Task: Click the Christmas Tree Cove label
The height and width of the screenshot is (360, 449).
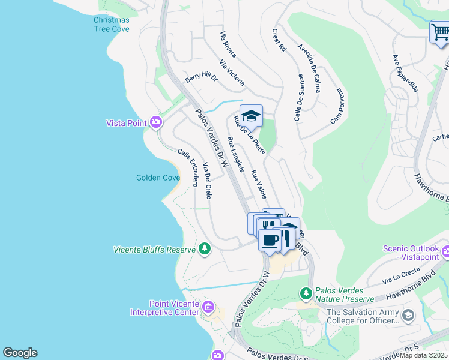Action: (111, 24)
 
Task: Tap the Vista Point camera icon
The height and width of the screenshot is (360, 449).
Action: (156, 122)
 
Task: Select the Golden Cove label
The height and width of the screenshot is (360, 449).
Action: (157, 178)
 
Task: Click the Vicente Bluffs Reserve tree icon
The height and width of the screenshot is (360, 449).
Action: (205, 248)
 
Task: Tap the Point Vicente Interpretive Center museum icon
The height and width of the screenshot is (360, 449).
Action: (208, 308)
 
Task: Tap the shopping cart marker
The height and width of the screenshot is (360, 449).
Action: (440, 32)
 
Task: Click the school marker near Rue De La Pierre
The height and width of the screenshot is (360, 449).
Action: (251, 116)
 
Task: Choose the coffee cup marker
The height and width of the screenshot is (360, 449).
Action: (270, 240)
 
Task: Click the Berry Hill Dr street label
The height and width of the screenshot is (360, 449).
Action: (201, 77)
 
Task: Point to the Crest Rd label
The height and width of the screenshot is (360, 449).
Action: (279, 40)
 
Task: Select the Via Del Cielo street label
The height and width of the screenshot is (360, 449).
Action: (207, 181)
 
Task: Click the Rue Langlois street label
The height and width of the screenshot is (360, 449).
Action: (235, 154)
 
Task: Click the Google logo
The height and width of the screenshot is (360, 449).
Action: (20, 353)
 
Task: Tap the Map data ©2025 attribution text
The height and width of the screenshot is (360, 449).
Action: (424, 355)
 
